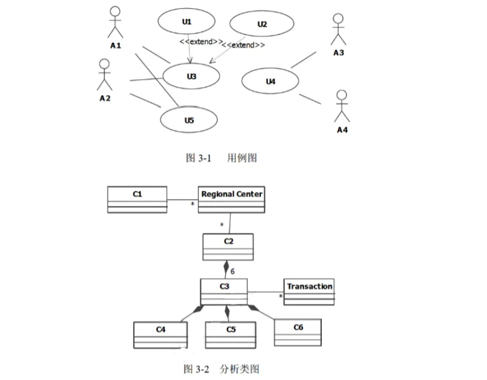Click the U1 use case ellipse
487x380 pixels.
[x=187, y=22]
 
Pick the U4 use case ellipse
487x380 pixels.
[x=270, y=82]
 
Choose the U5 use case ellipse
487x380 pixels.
[x=189, y=120]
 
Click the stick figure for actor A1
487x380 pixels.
[x=115, y=23]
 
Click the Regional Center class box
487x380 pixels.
[x=231, y=200]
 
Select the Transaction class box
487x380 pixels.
[x=309, y=292]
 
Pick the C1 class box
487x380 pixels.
[x=137, y=199]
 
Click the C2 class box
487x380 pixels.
[x=228, y=247]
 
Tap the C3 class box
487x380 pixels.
[x=224, y=292]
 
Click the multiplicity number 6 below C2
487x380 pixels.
[x=233, y=271]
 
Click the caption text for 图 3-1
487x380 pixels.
[x=221, y=158]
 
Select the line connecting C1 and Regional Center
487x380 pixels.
[x=182, y=200]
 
